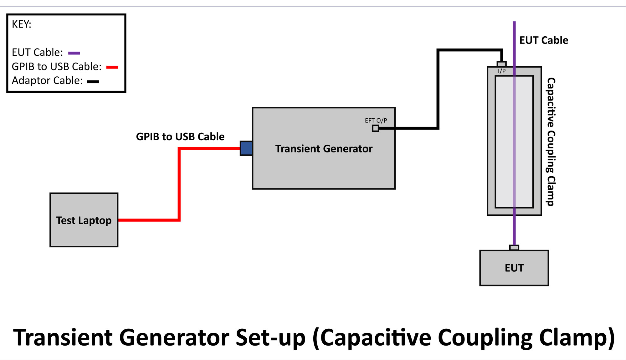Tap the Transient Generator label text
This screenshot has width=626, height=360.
click(324, 149)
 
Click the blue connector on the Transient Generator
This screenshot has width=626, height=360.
click(246, 148)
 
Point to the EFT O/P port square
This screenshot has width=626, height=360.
click(376, 128)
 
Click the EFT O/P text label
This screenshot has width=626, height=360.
click(376, 121)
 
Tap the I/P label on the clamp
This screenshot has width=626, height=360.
click(502, 71)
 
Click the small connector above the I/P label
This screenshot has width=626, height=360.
click(501, 64)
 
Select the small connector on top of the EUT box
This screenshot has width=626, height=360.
click(514, 248)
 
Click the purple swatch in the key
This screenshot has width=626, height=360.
click(74, 53)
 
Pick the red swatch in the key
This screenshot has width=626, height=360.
click(112, 67)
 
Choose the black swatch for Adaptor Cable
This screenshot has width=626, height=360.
click(93, 81)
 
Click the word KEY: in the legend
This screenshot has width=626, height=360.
click(22, 24)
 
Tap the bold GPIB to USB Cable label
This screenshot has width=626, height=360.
click(180, 137)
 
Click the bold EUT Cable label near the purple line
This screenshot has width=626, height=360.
click(544, 40)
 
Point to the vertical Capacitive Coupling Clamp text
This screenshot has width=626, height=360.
click(551, 141)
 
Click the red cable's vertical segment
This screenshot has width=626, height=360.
click(179, 185)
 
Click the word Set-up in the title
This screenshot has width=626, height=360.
click(270, 337)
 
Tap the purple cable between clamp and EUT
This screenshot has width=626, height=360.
click(514, 230)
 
